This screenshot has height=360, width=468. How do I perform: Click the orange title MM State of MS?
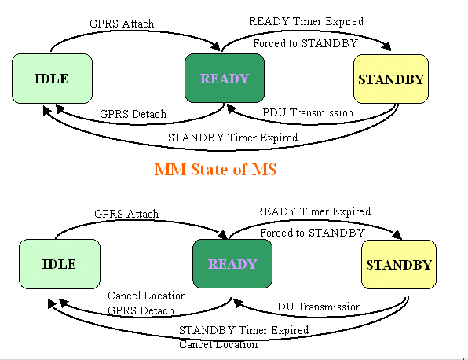coord(215,170)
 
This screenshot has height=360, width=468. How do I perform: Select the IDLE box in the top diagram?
coord(52,79)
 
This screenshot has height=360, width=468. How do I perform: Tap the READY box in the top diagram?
coord(225,79)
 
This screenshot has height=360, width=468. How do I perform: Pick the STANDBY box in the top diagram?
coord(391,79)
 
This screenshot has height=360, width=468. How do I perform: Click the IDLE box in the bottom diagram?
coord(60,264)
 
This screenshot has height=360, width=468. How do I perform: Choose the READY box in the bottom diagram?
coord(232,264)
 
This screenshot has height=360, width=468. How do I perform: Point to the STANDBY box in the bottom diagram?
coord(399,265)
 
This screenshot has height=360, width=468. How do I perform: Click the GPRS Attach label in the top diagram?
coord(122,24)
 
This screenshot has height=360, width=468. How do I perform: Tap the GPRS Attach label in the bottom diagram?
coord(126,214)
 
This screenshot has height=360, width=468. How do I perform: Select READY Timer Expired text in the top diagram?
coord(306,21)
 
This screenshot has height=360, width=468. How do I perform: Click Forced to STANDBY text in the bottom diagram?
coord(313,233)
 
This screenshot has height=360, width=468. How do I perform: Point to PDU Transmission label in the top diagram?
coord(308,112)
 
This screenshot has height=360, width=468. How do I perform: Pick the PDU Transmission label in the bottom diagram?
coord(316,307)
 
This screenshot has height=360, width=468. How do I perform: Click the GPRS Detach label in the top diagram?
coord(133,114)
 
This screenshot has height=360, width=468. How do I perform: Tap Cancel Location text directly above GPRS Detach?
coord(147,296)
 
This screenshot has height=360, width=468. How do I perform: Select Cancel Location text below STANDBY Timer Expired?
coord(218,345)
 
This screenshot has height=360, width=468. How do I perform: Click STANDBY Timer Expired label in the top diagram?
coord(232,138)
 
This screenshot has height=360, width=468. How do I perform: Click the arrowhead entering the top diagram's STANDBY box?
coord(387,46)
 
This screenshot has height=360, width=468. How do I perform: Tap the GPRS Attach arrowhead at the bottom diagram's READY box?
coord(222,234)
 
